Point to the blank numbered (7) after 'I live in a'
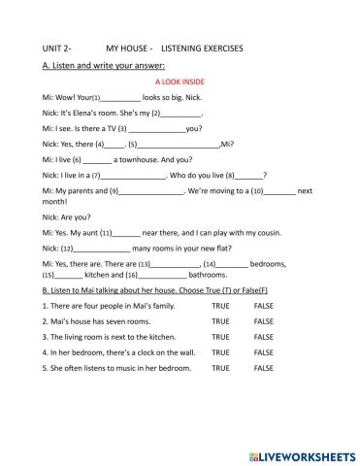tap(135, 175)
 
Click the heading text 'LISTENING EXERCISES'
tap(202, 48)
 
